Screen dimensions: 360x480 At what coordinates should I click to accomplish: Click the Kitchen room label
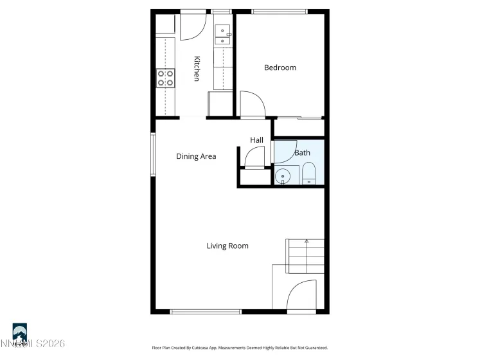(197, 69)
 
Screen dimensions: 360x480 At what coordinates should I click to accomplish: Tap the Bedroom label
(280, 67)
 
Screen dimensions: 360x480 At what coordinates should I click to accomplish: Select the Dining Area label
(196, 156)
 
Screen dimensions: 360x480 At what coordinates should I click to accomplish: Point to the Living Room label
(227, 246)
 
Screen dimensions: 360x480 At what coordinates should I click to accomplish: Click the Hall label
(256, 140)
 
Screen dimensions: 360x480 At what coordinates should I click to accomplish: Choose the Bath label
(302, 153)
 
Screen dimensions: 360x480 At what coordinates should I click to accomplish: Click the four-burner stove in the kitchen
(165, 78)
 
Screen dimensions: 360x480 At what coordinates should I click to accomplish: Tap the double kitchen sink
(222, 35)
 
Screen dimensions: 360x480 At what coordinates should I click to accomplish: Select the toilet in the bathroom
(309, 174)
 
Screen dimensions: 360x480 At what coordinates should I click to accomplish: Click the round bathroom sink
(282, 176)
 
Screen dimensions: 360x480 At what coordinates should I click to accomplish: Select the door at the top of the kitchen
(192, 25)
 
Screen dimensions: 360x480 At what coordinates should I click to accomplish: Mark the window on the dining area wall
(153, 154)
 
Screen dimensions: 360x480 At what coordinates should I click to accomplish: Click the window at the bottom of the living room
(206, 312)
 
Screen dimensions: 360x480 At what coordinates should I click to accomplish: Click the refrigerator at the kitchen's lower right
(219, 104)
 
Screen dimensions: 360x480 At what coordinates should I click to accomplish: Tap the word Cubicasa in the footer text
(232, 348)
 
